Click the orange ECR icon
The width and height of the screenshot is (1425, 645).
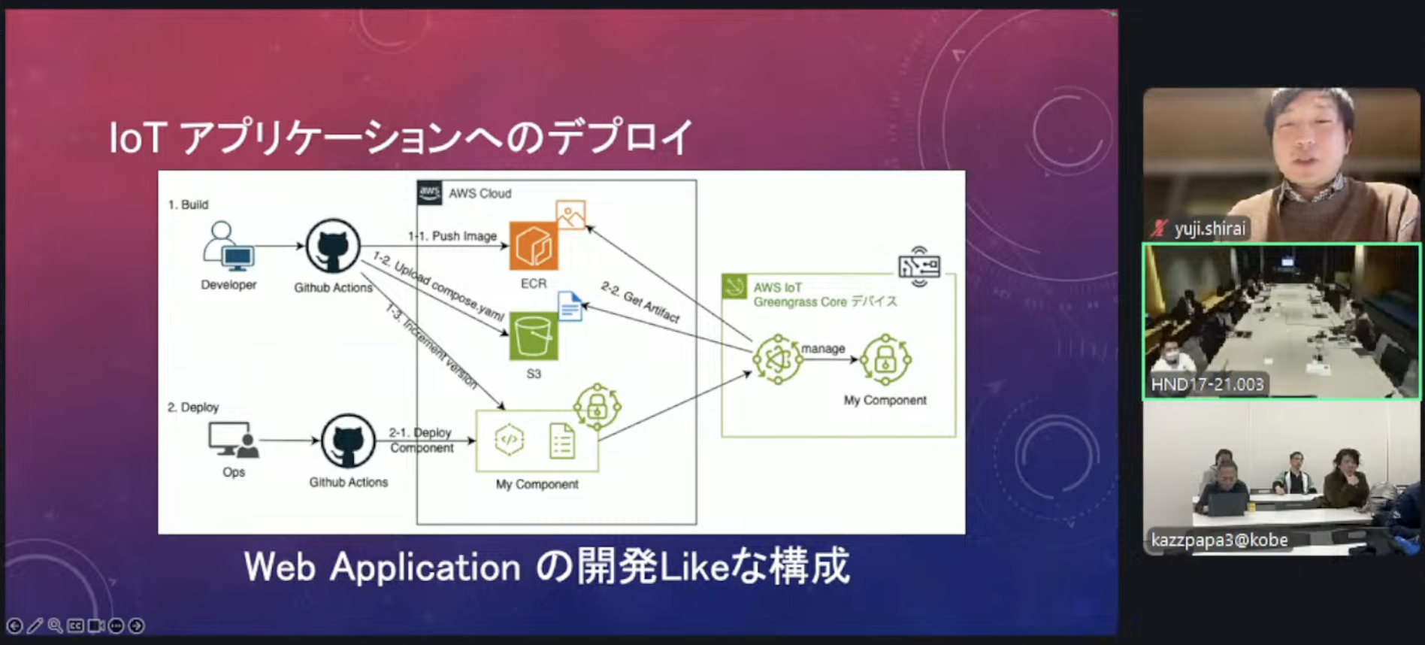(x=534, y=246)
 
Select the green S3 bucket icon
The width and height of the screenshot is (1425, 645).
(x=534, y=336)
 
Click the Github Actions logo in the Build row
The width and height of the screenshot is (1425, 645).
(x=333, y=246)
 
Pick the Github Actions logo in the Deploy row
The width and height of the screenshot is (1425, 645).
(x=348, y=441)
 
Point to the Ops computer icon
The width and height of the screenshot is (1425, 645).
(x=233, y=440)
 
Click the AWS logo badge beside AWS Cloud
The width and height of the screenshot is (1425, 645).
(x=430, y=192)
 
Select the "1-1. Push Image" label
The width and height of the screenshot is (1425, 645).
(x=453, y=236)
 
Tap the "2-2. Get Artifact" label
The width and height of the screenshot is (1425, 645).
(x=640, y=302)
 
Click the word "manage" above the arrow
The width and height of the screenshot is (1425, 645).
(x=823, y=349)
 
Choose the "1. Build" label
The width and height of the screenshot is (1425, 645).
(x=188, y=204)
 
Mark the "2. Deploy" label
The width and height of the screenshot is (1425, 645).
(x=193, y=407)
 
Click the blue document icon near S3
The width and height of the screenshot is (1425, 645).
(x=570, y=306)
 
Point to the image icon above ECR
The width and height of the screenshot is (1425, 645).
(x=570, y=215)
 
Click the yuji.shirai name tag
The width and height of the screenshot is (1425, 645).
(x=1209, y=229)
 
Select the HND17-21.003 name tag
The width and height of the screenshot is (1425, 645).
(x=1207, y=385)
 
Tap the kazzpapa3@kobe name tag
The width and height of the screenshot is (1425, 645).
(x=1219, y=540)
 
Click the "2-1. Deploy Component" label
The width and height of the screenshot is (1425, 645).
(x=421, y=441)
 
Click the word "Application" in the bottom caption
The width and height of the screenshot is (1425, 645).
(x=425, y=567)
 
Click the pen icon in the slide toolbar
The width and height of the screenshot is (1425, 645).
(x=35, y=625)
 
